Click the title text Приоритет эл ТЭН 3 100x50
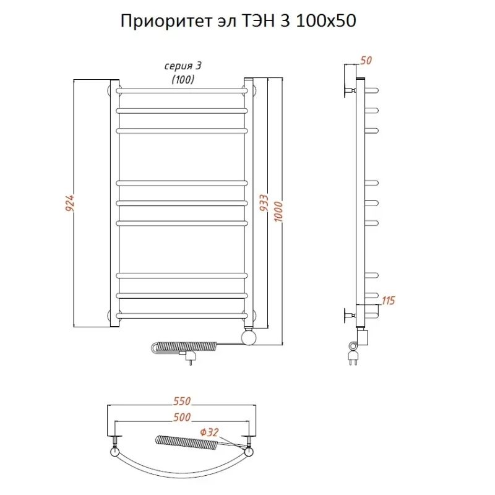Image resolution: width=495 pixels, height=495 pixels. (238, 22)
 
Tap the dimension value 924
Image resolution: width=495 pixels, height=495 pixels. (70, 204)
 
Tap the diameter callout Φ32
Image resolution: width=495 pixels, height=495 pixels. (210, 431)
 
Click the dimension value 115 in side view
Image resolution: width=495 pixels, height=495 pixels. (388, 301)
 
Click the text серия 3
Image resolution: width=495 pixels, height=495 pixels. (183, 66)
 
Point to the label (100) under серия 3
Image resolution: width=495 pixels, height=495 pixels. (183, 79)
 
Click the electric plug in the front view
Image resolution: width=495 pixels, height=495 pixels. (189, 356)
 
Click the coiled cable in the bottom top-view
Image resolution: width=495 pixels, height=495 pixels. (186, 442)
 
